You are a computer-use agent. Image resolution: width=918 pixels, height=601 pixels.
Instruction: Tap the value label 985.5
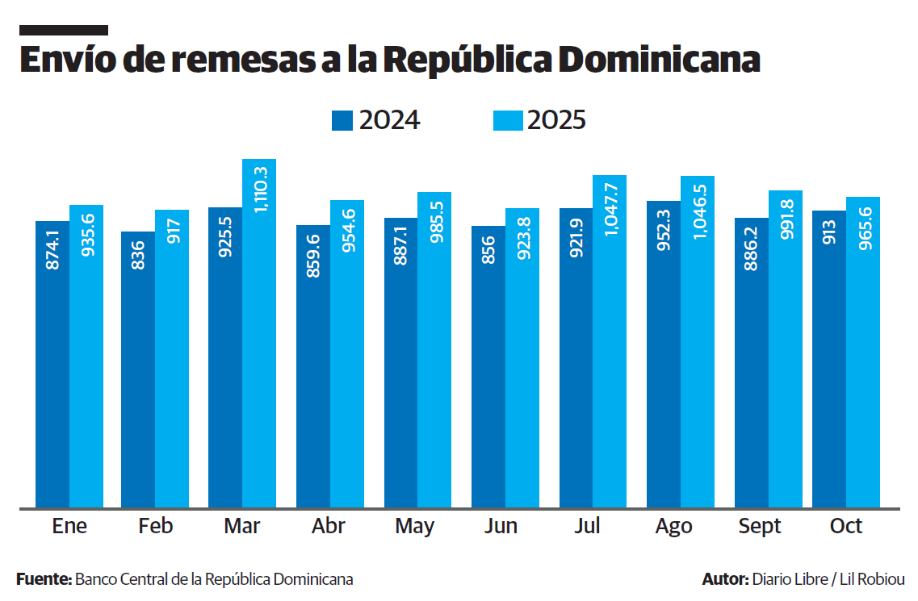click(x=435, y=223)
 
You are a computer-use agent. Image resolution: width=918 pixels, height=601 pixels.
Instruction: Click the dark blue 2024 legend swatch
click(x=342, y=120)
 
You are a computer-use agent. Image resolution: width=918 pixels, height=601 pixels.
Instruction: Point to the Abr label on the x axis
click(x=329, y=527)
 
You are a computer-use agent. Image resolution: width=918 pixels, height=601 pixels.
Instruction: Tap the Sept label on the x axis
click(x=760, y=527)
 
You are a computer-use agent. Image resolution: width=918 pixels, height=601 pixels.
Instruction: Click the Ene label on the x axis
click(x=69, y=527)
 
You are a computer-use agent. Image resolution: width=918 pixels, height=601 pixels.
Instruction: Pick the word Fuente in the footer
click(x=43, y=579)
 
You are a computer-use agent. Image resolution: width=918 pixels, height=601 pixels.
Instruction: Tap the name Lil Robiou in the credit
click(x=872, y=579)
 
